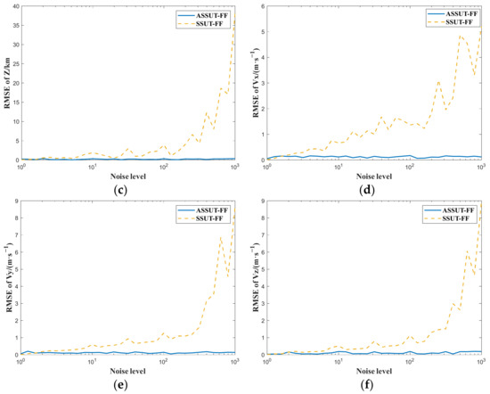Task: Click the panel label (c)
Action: point(130,188)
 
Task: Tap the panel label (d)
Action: point(376,188)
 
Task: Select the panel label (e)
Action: point(130,384)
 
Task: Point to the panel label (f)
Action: point(376,384)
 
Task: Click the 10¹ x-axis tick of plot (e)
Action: point(93,362)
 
